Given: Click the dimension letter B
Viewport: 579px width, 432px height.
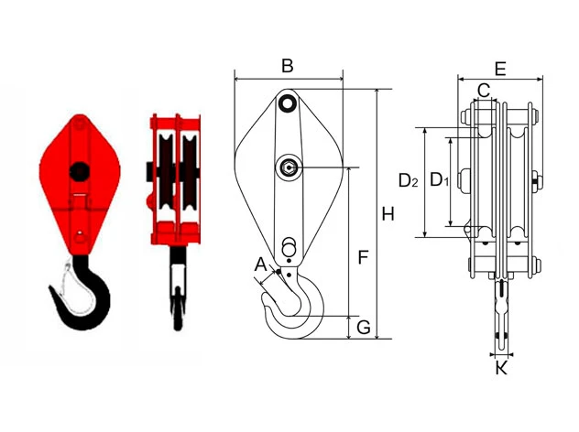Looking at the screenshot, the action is pos(288,66).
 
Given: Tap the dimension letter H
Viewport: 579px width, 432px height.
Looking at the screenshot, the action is pos(388,214).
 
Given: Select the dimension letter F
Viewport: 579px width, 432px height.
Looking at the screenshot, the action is pos(364,257).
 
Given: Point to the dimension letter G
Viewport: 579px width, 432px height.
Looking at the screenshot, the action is pos(364,328).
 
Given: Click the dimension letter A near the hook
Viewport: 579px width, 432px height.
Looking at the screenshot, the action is pos(261,265).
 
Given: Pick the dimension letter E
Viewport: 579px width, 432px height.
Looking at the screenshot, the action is pos(500,69).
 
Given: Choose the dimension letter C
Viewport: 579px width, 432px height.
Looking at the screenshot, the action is pos(484,90).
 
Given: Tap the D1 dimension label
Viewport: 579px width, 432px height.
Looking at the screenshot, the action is pos(440,180).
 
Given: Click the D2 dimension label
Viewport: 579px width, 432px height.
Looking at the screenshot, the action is pos(409,181).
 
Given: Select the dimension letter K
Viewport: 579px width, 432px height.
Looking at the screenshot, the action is pos(501,368).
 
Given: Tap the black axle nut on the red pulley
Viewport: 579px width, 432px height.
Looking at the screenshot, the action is pos(79,170).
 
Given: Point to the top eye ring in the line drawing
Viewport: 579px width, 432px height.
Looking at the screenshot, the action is pos(287,103).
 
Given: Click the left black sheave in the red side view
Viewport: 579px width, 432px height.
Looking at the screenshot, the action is pos(166,171).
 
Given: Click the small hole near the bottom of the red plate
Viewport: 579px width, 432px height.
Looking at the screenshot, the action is pos(80,233).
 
